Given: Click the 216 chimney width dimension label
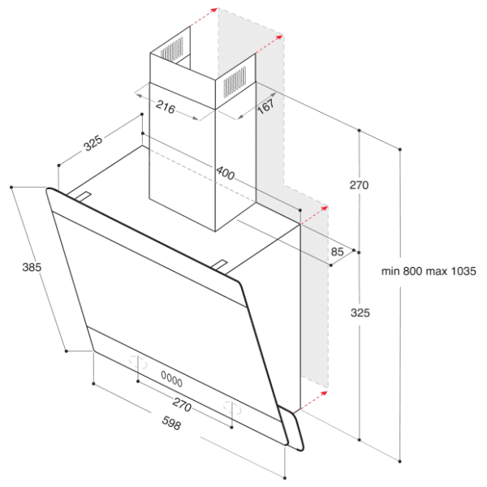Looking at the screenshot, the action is pos(166,107).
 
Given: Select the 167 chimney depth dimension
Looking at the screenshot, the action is pos(266,106).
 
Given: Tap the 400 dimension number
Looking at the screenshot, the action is pos(226,173).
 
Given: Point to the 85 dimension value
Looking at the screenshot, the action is pos(338,252).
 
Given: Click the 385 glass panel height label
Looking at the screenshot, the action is pos(32,267).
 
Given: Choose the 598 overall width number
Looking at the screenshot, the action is pos(171,423).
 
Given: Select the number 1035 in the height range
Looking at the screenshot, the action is pos(463,271).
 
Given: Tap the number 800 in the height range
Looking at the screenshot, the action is pos(413,271).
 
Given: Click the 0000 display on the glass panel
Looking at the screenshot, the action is pos(172,379).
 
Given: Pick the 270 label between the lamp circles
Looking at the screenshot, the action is pos(182,405).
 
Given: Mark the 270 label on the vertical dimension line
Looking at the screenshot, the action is pos(359,185).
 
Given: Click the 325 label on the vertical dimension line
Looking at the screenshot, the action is pos(360,312).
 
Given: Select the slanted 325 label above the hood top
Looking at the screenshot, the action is pos(93,143).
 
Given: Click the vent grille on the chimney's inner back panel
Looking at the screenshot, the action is pos(172,50).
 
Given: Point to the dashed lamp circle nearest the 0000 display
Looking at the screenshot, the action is pos(138,363).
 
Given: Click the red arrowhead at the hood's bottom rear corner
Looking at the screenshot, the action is pos(324,393).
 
